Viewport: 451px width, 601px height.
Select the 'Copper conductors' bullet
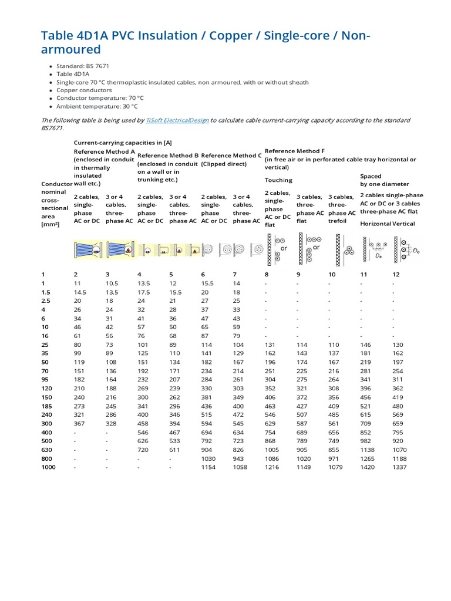84,90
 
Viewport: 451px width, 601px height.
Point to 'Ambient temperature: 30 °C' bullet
97,107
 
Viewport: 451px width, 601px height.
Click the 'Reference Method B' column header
168,156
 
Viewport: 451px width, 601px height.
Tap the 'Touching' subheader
278,180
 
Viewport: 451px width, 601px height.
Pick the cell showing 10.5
112,283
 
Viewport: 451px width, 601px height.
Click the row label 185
46,405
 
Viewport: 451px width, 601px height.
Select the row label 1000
48,467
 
